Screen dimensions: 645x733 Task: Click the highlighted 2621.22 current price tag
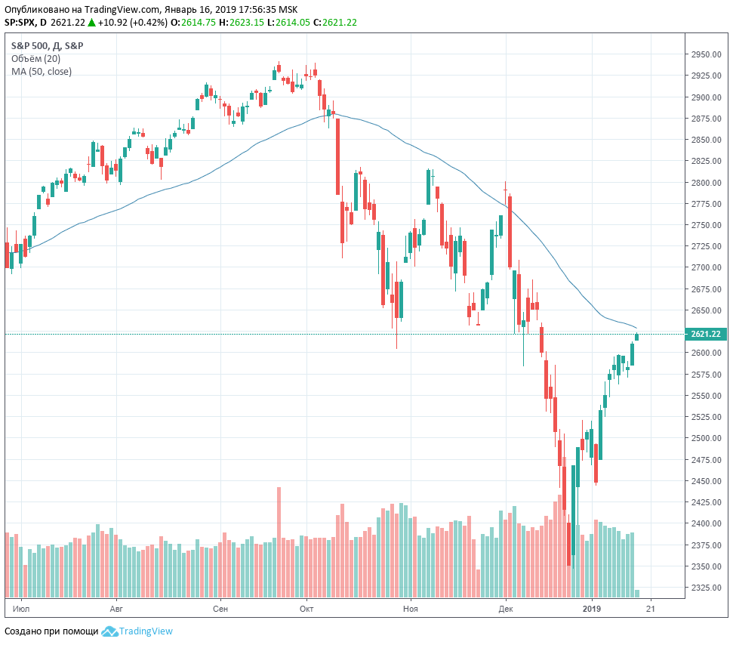pyautogui.click(x=705, y=334)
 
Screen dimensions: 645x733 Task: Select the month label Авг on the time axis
pyautogui.click(x=115, y=607)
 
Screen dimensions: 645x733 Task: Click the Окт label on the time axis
pyautogui.click(x=306, y=607)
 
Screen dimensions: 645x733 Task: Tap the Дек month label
pyautogui.click(x=506, y=607)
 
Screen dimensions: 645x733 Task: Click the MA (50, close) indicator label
pyautogui.click(x=42, y=72)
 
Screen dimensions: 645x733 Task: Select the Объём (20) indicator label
pyautogui.click(x=35, y=59)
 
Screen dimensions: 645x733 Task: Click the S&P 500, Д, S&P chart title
pyautogui.click(x=47, y=46)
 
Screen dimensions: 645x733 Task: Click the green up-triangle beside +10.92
pyautogui.click(x=91, y=23)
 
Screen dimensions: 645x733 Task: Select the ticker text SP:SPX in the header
pyautogui.click(x=20, y=23)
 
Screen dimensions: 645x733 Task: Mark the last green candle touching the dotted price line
pyautogui.click(x=637, y=336)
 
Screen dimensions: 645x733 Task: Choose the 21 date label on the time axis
pyautogui.click(x=651, y=607)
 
